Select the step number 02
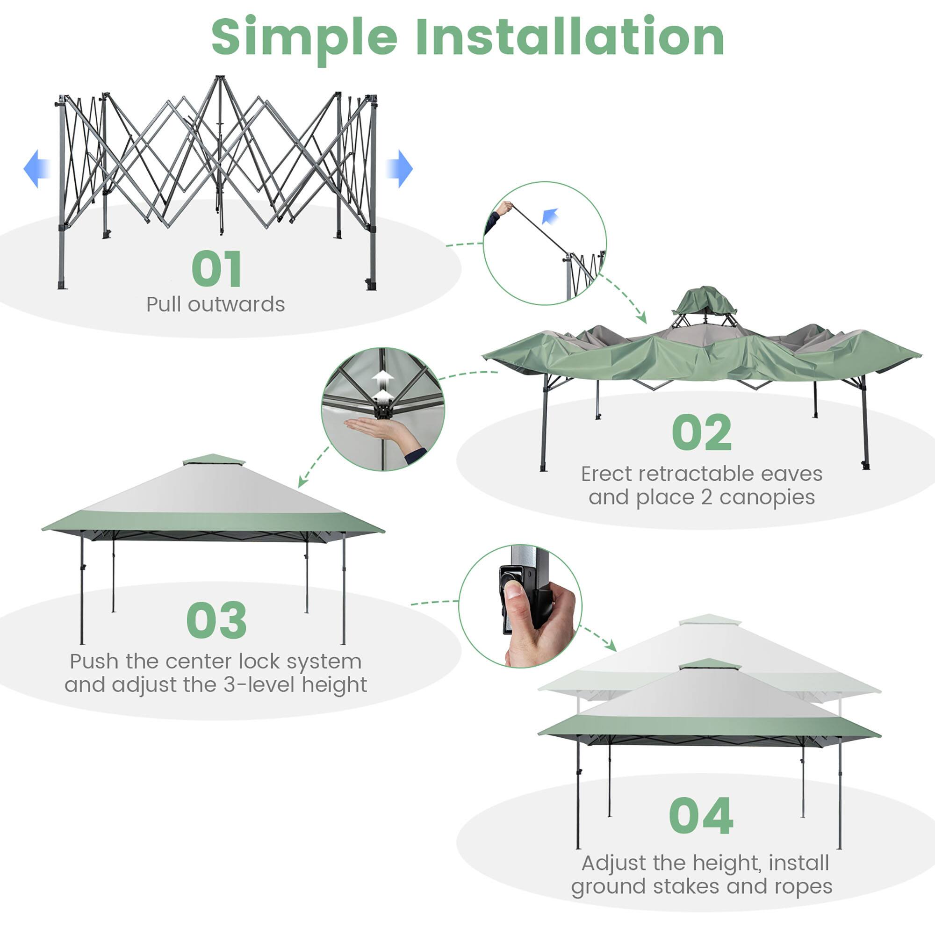click(701, 432)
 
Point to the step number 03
click(216, 620)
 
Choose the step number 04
click(701, 816)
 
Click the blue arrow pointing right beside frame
click(400, 168)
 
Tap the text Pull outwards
click(216, 304)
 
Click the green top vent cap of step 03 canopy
click(214, 459)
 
